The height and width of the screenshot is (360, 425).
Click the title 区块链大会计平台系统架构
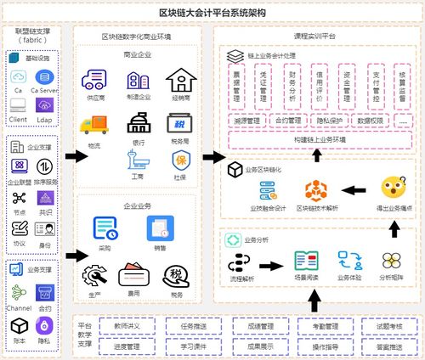(x=212, y=11)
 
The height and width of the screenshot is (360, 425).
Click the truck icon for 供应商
(x=93, y=81)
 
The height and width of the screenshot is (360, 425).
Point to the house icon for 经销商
(x=179, y=80)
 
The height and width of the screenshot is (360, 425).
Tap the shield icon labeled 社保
(x=180, y=159)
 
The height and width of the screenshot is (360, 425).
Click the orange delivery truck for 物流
(x=93, y=125)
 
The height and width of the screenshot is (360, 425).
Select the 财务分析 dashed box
(x=291, y=85)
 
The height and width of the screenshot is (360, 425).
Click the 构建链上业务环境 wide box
(x=316, y=138)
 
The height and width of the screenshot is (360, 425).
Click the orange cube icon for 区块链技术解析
(x=316, y=188)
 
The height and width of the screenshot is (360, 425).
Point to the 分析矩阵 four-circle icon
(x=391, y=260)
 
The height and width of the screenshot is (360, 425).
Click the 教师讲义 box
(x=122, y=325)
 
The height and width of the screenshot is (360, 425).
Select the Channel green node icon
(x=19, y=288)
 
